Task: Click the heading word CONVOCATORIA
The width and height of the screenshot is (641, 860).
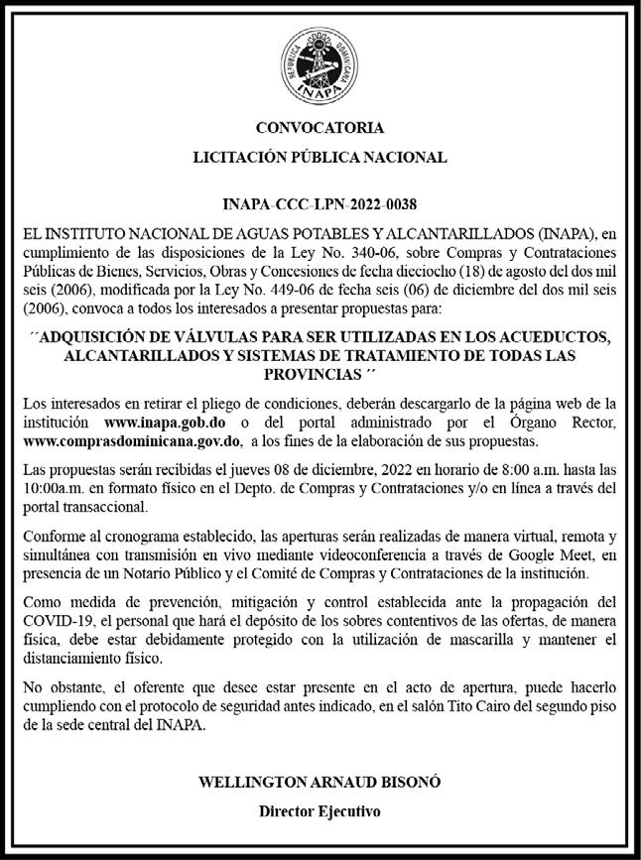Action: click(x=320, y=128)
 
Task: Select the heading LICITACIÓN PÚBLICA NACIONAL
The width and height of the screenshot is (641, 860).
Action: click(x=320, y=157)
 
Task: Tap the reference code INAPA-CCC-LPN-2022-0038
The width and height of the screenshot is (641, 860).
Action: click(x=320, y=205)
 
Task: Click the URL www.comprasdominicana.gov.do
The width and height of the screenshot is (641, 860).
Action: click(x=133, y=440)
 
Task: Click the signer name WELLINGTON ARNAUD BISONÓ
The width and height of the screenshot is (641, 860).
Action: click(x=320, y=782)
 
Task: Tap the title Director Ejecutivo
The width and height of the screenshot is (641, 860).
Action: click(x=320, y=810)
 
